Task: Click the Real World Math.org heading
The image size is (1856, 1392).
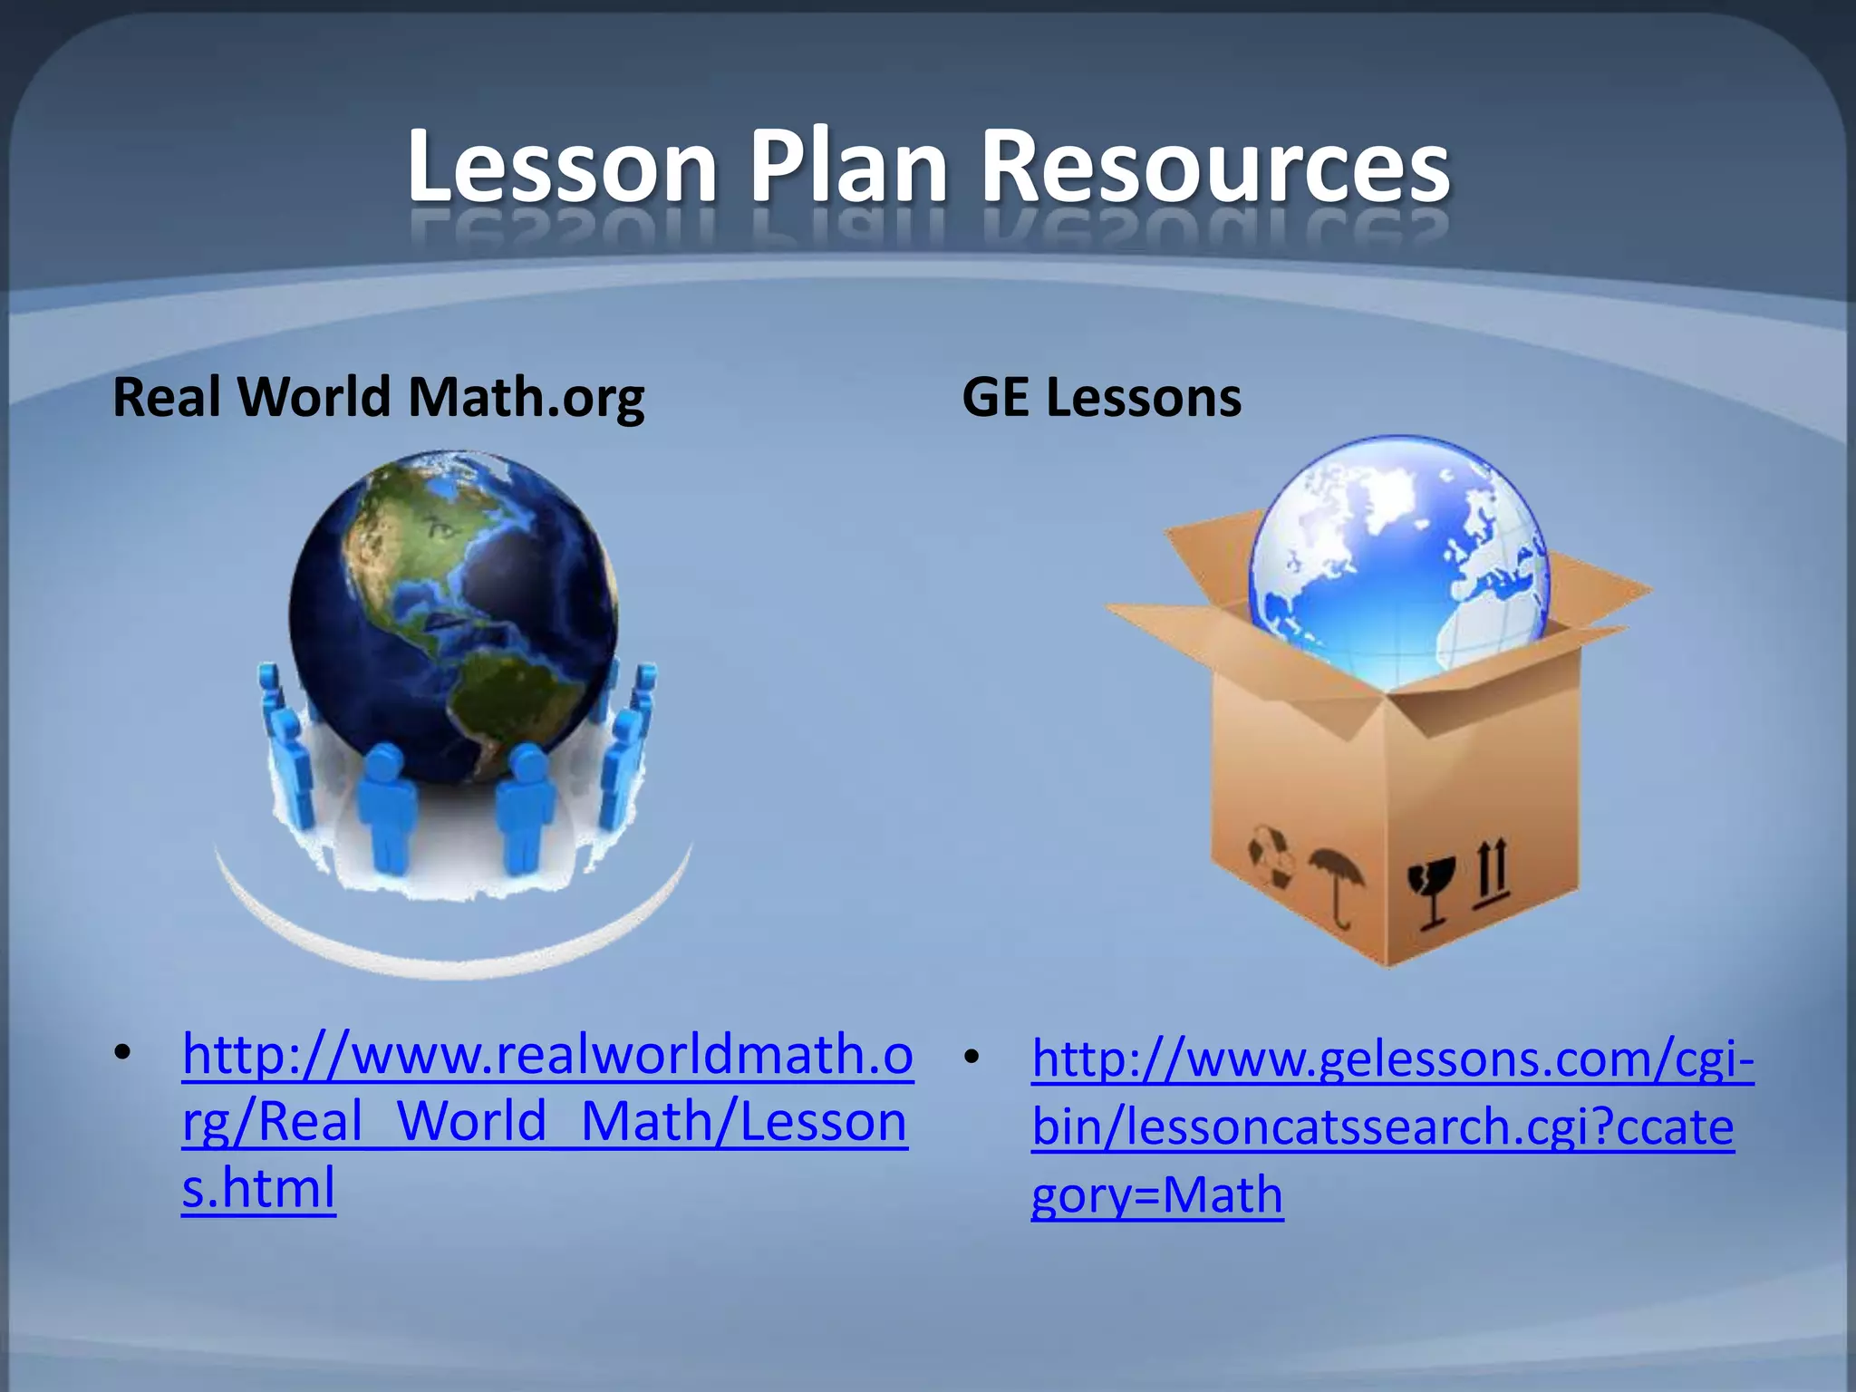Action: pyautogui.click(x=378, y=397)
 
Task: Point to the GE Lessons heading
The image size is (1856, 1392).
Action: pyautogui.click(x=1101, y=397)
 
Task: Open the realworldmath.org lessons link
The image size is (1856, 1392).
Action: pyautogui.click(x=546, y=1120)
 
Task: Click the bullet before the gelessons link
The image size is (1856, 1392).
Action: pyautogui.click(x=972, y=1057)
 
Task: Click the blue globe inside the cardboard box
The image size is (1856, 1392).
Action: pyautogui.click(x=1396, y=553)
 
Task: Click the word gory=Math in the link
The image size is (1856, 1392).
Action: pyautogui.click(x=1157, y=1194)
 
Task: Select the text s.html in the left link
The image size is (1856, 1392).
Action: pyautogui.click(x=258, y=1188)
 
